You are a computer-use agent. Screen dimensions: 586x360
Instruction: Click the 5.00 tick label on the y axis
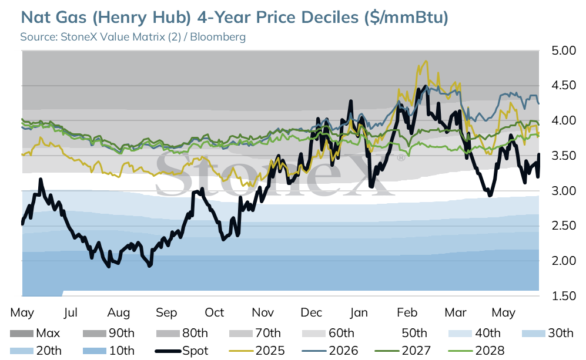click(x=564, y=51)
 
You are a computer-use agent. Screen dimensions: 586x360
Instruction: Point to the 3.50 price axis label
click(x=564, y=156)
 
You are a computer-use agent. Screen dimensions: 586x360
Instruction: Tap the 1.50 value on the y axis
click(x=564, y=296)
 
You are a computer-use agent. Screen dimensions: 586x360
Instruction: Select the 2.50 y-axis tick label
click(x=564, y=226)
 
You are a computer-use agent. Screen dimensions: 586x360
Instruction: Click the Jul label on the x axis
click(x=71, y=312)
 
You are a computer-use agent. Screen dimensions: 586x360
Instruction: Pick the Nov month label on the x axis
click(x=263, y=312)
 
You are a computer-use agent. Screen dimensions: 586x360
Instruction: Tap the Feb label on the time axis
click(x=407, y=312)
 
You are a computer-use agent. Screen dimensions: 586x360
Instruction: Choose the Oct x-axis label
click(x=215, y=312)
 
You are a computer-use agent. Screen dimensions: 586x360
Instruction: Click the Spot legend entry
click(x=182, y=351)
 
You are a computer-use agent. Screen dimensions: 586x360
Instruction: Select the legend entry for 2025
click(x=256, y=351)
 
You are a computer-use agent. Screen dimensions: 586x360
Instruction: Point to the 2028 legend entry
click(x=476, y=351)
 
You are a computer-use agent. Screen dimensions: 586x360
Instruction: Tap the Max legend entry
click(x=35, y=333)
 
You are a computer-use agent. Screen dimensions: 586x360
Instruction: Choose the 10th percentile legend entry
click(x=108, y=351)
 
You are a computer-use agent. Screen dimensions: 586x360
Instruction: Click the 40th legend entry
click(x=475, y=333)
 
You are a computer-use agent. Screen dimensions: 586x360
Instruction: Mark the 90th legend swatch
click(x=94, y=334)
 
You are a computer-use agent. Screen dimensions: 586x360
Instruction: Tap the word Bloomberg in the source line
click(x=218, y=37)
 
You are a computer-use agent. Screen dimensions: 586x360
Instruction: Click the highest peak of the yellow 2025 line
click(x=426, y=62)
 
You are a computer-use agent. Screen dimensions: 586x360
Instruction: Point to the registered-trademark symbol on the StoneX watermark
click(x=401, y=158)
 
